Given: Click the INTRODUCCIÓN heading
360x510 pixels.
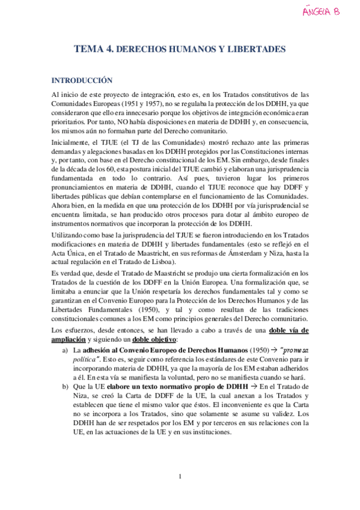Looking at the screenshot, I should click(x=82, y=79).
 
